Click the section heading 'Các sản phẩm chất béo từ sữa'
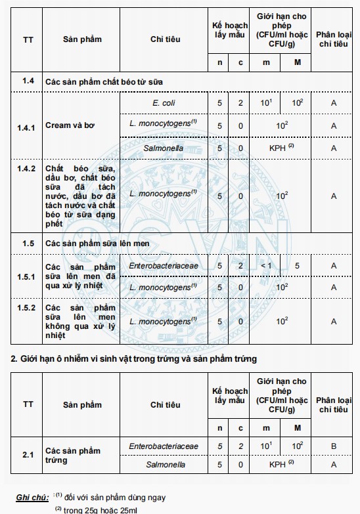(x=104, y=81)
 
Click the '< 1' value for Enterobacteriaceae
(x=266, y=266)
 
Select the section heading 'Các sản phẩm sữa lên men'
(x=97, y=244)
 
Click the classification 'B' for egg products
(x=334, y=446)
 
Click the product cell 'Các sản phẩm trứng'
(x=73, y=455)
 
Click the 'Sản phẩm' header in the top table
(x=82, y=39)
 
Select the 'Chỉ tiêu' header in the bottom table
(x=164, y=405)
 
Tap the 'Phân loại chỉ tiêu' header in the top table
(x=334, y=39)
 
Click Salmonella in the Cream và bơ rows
(x=164, y=148)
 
